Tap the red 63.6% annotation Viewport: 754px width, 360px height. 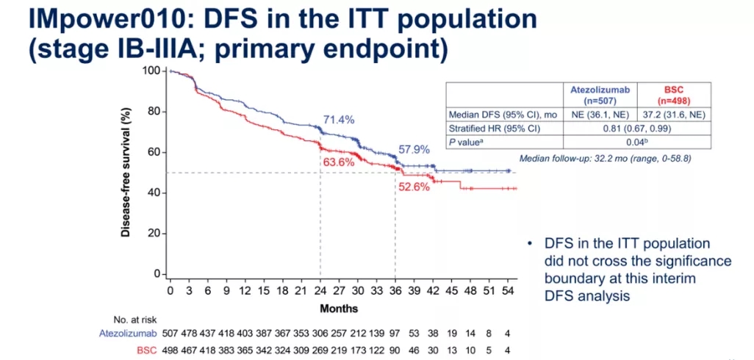[337, 162]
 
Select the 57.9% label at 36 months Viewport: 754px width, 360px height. [414, 149]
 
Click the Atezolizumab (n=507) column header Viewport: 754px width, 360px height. [597, 93]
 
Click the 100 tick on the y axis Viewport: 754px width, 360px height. [151, 71]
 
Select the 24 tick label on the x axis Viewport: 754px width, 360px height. [320, 292]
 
